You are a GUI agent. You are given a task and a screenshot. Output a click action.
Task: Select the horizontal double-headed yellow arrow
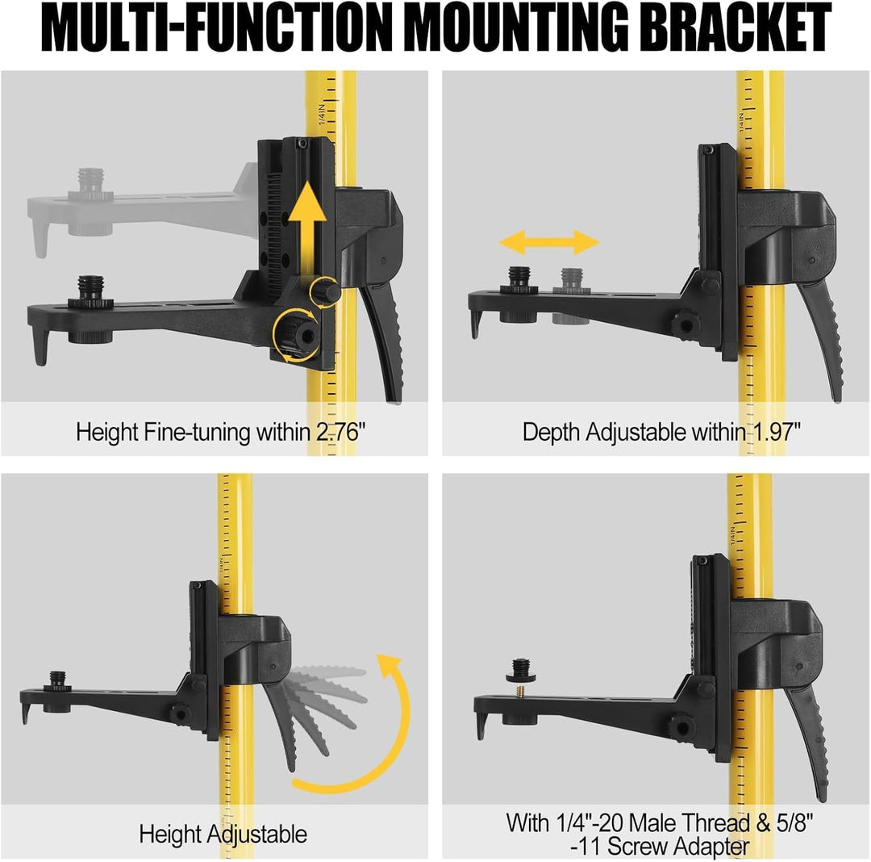pos(549,242)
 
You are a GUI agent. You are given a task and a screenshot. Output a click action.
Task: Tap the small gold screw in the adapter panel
pos(520,692)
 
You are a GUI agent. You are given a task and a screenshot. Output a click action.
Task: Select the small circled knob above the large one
pos(325,291)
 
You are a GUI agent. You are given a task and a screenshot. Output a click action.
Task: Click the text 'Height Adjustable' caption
pos(223,835)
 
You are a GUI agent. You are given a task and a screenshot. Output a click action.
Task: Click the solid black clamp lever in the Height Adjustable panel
pos(281,722)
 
